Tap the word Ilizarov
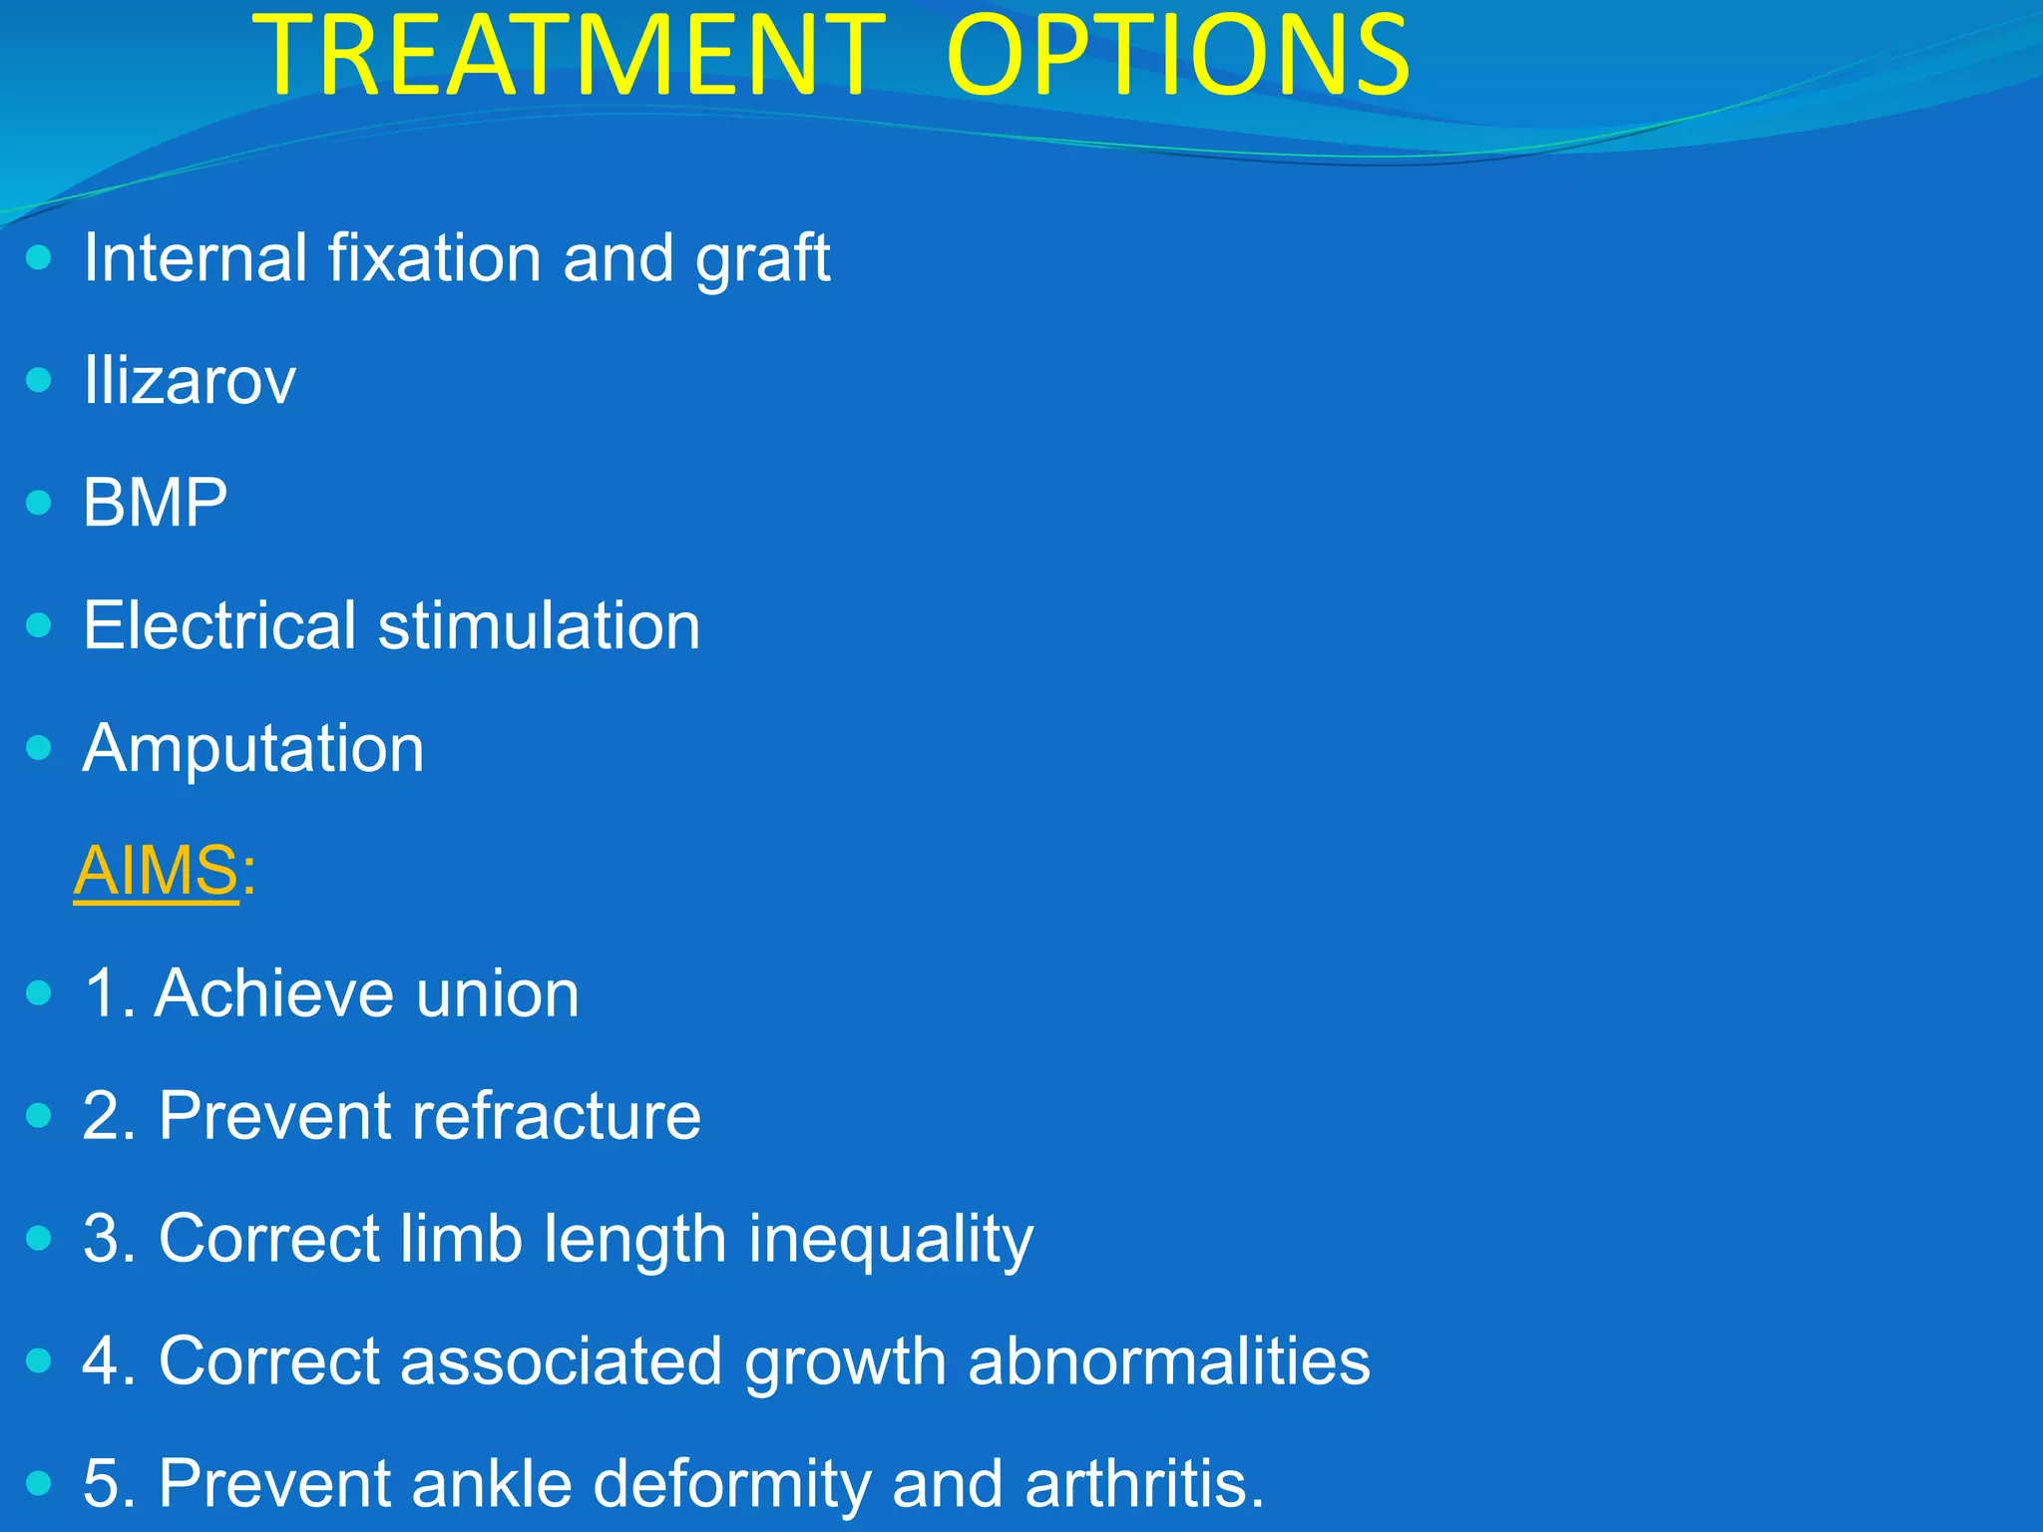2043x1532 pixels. [x=190, y=381]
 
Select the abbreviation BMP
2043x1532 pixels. [x=155, y=503]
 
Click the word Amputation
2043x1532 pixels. [x=253, y=748]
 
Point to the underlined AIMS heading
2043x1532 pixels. [x=157, y=871]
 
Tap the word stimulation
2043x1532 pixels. [x=539, y=625]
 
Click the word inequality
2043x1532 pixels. [x=890, y=1240]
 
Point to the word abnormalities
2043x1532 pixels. [x=1168, y=1361]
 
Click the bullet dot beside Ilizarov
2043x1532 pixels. [x=39, y=380]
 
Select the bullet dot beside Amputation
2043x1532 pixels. [x=39, y=747]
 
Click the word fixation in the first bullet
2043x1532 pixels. [x=434, y=259]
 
